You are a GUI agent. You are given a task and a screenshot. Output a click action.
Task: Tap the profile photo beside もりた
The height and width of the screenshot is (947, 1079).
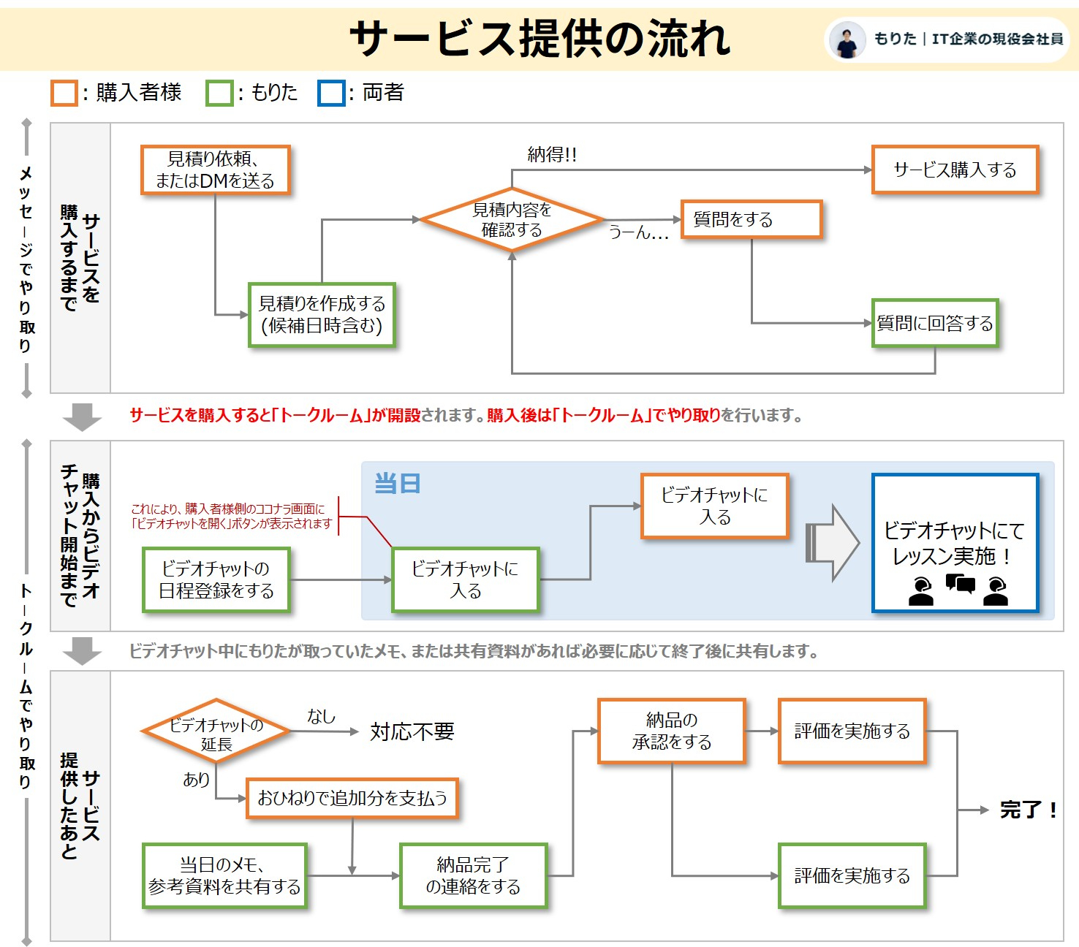pyautogui.click(x=847, y=39)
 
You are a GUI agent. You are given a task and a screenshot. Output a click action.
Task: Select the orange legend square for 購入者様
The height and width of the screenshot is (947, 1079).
pyautogui.click(x=64, y=94)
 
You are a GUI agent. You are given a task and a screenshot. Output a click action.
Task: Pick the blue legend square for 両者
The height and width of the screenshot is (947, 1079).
pyautogui.click(x=331, y=94)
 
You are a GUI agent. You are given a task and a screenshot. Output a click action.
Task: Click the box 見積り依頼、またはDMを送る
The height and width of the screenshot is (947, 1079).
pyautogui.click(x=215, y=170)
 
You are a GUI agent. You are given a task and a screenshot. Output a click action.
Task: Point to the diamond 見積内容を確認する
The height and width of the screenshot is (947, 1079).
pyautogui.click(x=512, y=220)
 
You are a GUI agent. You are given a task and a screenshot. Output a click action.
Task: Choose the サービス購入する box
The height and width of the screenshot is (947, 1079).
pyautogui.click(x=955, y=170)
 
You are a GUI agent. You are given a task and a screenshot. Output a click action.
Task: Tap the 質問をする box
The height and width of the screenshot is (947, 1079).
pyautogui.click(x=751, y=219)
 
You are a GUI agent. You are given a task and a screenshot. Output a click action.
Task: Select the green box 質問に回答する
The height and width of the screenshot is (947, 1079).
pyautogui.click(x=934, y=323)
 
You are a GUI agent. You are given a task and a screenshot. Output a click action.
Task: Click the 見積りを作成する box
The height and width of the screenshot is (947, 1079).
pyautogui.click(x=322, y=315)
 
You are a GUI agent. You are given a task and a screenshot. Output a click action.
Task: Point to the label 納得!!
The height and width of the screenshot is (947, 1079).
pyautogui.click(x=552, y=154)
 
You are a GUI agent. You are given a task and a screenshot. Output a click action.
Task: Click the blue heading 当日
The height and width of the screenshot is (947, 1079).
pyautogui.click(x=397, y=484)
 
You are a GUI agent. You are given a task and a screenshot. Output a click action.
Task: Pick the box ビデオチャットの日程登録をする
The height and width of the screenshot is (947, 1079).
pyautogui.click(x=216, y=579)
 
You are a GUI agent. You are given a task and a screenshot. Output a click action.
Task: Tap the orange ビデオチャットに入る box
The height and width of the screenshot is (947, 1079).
pyautogui.click(x=714, y=506)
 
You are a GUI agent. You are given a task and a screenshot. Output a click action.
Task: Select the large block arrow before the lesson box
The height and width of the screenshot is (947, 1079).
pyautogui.click(x=833, y=543)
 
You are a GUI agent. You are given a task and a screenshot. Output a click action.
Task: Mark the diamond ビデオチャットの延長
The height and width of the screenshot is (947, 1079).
pyautogui.click(x=216, y=733)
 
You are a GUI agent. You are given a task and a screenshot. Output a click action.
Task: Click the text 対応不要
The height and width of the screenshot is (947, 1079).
pyautogui.click(x=412, y=731)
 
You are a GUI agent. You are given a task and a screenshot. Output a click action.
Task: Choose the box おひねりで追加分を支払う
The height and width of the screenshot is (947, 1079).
pyautogui.click(x=352, y=798)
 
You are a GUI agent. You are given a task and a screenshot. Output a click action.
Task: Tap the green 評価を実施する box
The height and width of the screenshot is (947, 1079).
pyautogui.click(x=852, y=875)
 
